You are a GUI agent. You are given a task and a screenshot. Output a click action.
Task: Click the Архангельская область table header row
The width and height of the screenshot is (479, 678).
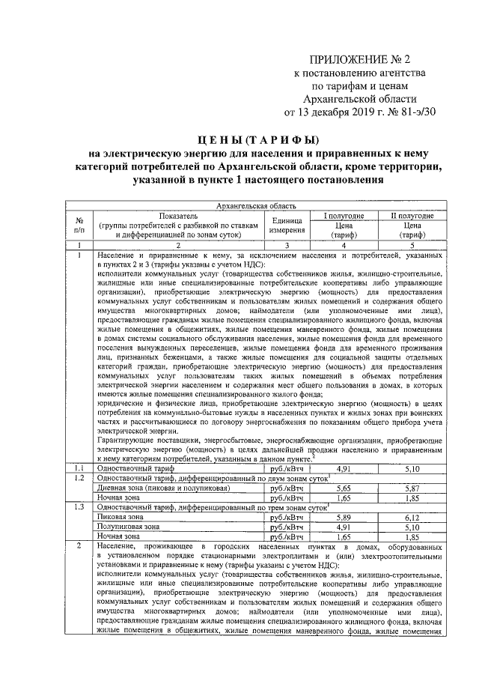click(x=255, y=205)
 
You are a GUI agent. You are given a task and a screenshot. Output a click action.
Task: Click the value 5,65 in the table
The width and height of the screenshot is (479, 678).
click(x=344, y=486)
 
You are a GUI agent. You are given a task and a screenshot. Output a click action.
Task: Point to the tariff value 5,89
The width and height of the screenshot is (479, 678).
click(x=344, y=516)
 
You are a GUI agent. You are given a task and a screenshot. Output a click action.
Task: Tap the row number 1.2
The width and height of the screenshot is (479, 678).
click(x=79, y=476)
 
